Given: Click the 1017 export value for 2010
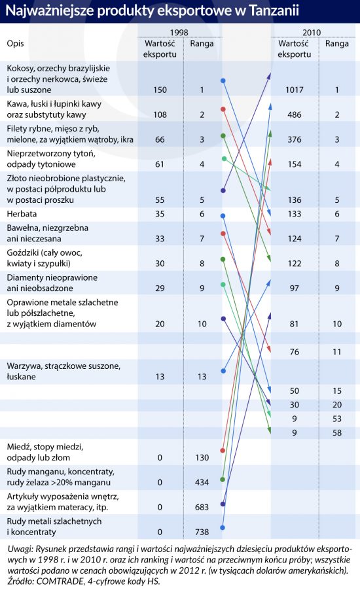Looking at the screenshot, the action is click(x=294, y=90).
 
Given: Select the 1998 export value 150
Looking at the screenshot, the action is click(x=160, y=90).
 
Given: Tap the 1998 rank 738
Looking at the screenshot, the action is click(x=202, y=532).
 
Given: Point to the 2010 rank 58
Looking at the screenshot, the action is click(x=337, y=433).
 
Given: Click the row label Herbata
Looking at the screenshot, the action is click(x=22, y=214).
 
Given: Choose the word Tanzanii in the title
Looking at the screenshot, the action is click(x=274, y=10).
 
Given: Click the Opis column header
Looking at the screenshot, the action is click(x=15, y=44).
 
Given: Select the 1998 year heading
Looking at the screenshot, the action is click(x=179, y=32).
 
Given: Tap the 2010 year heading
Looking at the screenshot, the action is click(x=312, y=32).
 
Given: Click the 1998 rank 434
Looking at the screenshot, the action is click(x=202, y=482).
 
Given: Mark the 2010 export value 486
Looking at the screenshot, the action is click(x=294, y=114).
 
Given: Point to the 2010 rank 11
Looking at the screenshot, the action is click(x=337, y=352).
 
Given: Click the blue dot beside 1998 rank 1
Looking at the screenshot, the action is click(x=223, y=80).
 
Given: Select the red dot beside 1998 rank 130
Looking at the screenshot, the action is click(x=223, y=451).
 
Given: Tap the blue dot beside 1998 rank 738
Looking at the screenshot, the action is click(x=223, y=528).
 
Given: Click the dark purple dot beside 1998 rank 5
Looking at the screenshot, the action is click(x=223, y=191).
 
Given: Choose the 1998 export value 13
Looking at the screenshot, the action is click(x=160, y=376).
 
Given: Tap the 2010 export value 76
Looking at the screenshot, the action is click(x=294, y=352).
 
